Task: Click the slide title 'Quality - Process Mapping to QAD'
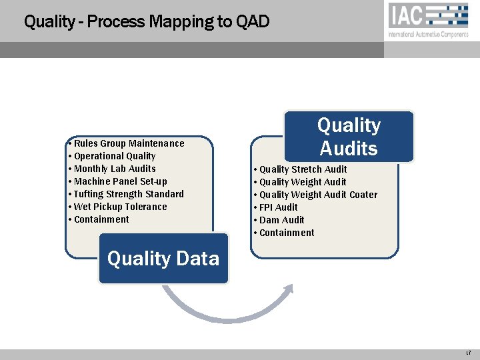[147, 22]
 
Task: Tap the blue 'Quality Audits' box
[349, 137]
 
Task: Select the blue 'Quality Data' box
[163, 259]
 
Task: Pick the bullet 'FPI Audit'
[278, 207]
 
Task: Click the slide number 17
[469, 351]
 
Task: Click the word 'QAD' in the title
[253, 22]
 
